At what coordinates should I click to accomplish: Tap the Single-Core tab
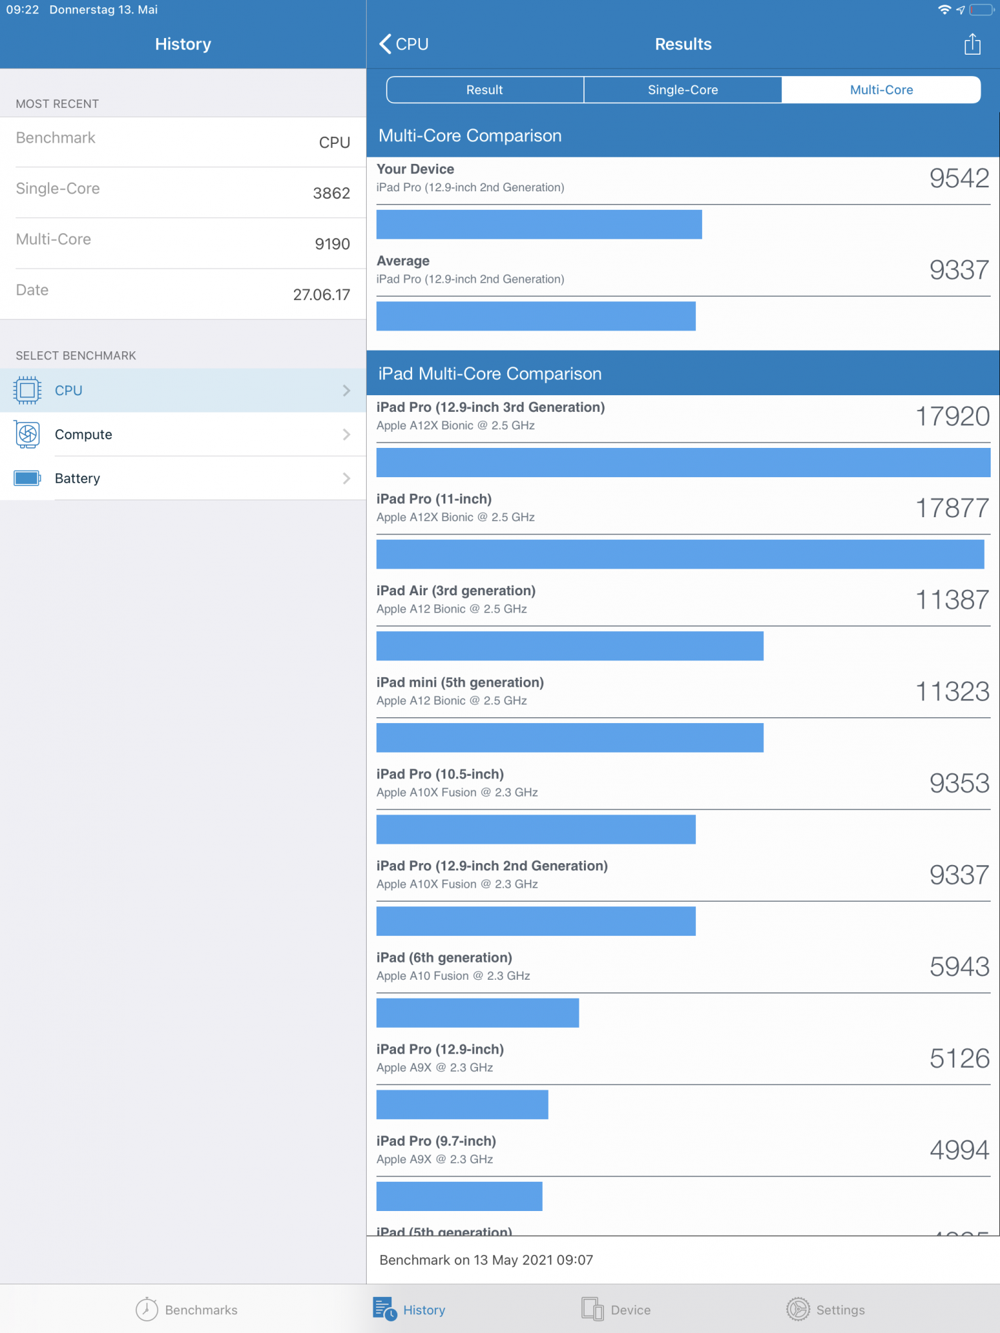[x=683, y=90]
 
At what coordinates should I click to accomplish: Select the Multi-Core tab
[x=881, y=90]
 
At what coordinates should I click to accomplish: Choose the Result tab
[x=485, y=90]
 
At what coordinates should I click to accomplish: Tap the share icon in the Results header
[x=972, y=45]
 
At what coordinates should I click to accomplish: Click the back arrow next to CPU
[x=385, y=44]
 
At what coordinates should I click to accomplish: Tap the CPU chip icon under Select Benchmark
[x=27, y=391]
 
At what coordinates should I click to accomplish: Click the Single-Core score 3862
[x=331, y=193]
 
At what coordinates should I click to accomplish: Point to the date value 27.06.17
[x=321, y=295]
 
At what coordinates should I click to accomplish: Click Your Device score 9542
[x=959, y=179]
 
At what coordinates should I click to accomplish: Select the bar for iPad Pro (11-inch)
[x=680, y=555]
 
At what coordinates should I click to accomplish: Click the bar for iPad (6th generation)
[x=477, y=1013]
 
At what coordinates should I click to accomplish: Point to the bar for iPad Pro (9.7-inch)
[x=459, y=1196]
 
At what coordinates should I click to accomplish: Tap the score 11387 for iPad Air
[x=952, y=600]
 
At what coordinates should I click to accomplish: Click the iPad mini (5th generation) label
[x=460, y=682]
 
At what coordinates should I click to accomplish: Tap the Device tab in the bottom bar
[x=616, y=1310]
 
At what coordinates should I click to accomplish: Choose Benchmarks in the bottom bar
[x=187, y=1310]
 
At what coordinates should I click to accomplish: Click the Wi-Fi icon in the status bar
[x=944, y=10]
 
